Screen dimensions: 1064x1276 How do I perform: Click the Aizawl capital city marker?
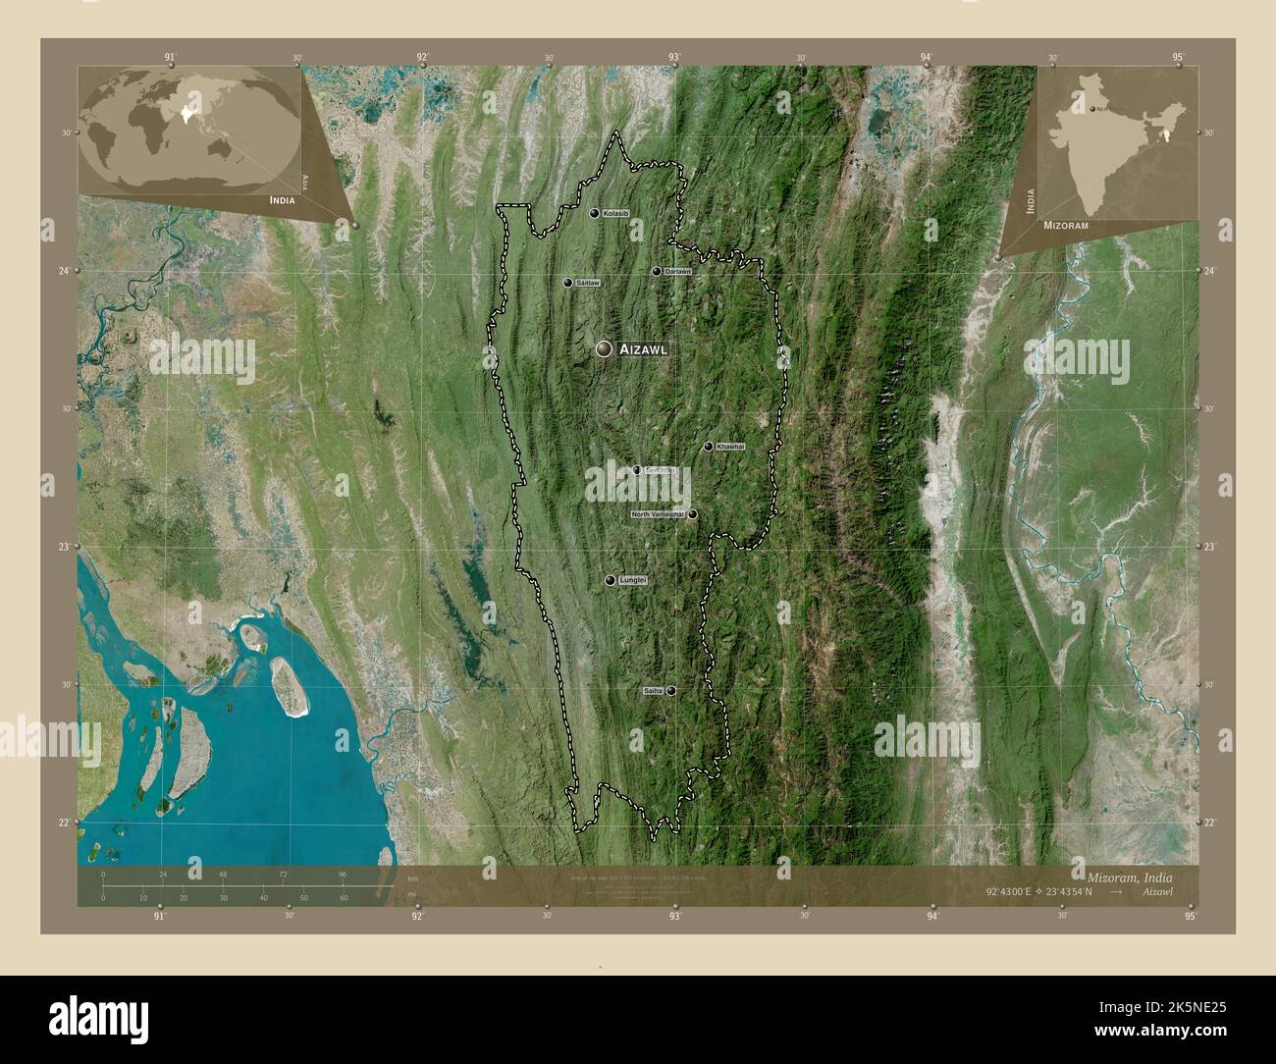pos(604,348)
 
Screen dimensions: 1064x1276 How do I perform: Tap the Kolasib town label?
pos(616,213)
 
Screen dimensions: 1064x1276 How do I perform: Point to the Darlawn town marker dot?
pos(657,271)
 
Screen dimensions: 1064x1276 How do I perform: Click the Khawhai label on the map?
pos(731,447)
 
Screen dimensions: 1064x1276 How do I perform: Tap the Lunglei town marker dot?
pos(611,581)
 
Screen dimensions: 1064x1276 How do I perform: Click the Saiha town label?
pos(654,691)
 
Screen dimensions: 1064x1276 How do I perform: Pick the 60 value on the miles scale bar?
pos(343,898)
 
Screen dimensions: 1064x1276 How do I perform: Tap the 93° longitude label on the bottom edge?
pos(675,917)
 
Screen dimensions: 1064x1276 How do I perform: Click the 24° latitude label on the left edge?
pos(65,271)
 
